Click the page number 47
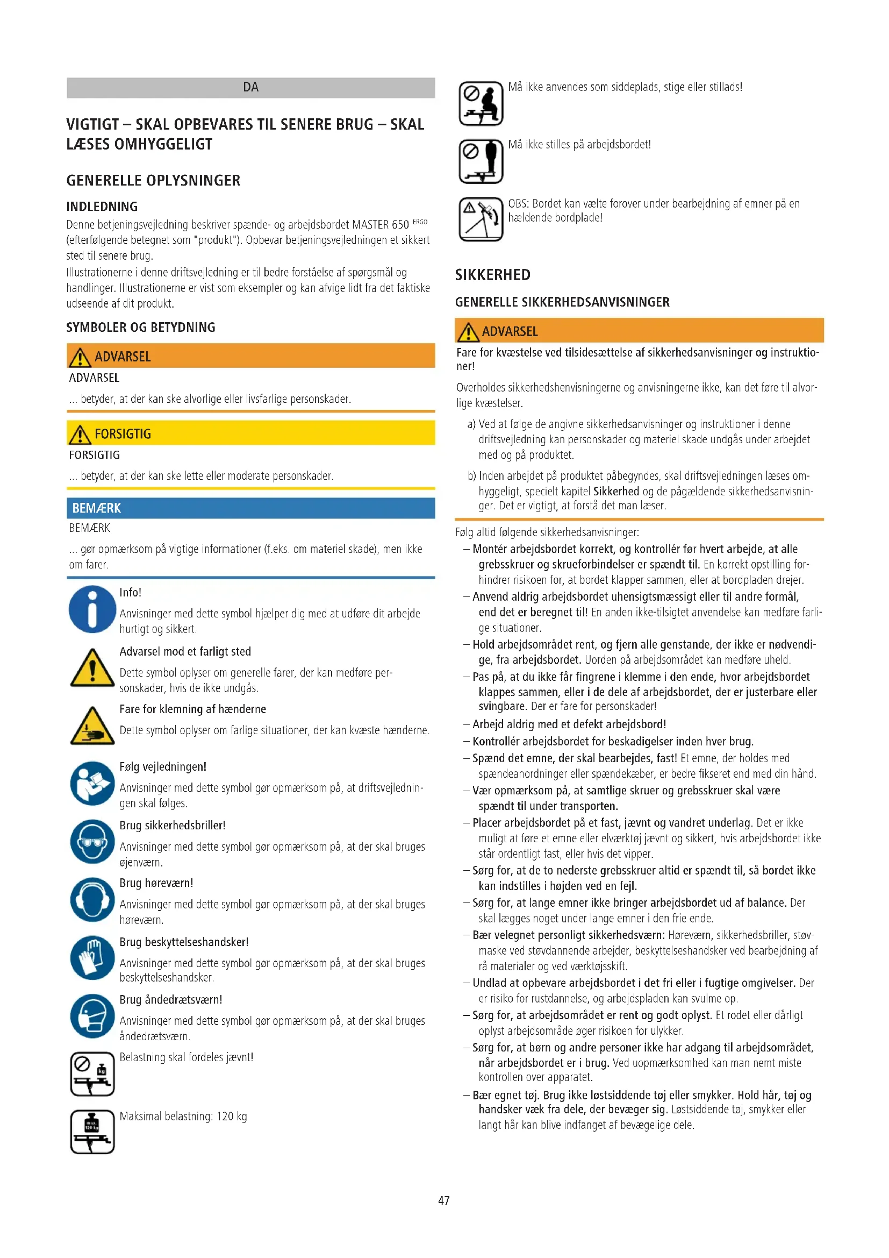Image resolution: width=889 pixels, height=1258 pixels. click(x=444, y=1200)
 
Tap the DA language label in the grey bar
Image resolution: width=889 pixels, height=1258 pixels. click(x=250, y=87)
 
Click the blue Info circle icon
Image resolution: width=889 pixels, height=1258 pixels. click(x=92, y=609)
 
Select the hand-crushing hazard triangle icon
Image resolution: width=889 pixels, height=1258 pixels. click(x=92, y=726)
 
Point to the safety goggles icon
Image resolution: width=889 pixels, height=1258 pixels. click(x=92, y=842)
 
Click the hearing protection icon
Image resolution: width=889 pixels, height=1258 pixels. click(x=92, y=900)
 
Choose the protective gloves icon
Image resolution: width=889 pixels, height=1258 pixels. click(x=92, y=958)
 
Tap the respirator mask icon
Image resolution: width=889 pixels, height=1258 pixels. click(x=92, y=1017)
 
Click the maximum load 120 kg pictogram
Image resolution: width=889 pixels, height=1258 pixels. click(x=92, y=1132)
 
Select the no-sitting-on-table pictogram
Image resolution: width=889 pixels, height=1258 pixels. click(x=481, y=103)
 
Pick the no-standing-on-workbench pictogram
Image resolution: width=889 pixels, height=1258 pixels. click(x=481, y=161)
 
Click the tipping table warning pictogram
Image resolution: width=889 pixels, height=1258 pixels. click(x=481, y=219)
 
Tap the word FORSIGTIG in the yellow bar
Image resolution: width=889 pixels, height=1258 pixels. click(x=123, y=434)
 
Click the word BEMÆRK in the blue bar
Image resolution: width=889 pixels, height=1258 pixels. click(x=96, y=508)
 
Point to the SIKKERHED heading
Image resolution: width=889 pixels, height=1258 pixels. click(x=493, y=274)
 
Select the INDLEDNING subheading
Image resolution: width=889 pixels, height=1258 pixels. click(x=102, y=207)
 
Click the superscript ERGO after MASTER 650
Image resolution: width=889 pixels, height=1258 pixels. click(x=420, y=222)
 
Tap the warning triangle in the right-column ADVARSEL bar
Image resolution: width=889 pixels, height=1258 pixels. click(x=468, y=331)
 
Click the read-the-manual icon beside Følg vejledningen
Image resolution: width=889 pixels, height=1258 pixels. click(x=92, y=784)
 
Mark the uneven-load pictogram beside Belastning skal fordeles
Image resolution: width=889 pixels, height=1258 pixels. click(x=92, y=1074)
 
